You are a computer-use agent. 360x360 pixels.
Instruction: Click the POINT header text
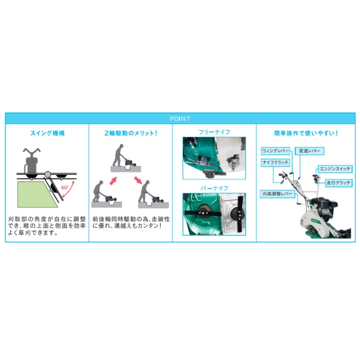[x=180, y=118]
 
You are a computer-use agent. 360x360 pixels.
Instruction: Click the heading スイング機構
[x=47, y=133]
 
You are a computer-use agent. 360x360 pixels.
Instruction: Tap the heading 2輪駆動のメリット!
[x=131, y=133]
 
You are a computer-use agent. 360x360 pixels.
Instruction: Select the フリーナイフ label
[x=214, y=132]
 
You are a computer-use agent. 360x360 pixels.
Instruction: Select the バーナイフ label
[x=214, y=188]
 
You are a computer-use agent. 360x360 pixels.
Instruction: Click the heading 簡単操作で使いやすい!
[x=306, y=133]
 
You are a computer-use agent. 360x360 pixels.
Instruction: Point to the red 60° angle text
[x=65, y=188]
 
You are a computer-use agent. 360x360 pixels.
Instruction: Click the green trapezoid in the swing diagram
[x=37, y=194]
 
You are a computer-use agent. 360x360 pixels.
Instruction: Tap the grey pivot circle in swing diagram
[x=47, y=174]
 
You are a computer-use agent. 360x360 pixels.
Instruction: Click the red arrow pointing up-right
[x=113, y=181]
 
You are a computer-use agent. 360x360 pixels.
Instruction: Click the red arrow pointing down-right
[x=138, y=180]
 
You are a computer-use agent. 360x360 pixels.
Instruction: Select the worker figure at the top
[x=119, y=155]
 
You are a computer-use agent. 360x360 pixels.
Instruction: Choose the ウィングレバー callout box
[x=276, y=151]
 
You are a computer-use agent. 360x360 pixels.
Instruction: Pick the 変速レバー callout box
[x=309, y=151]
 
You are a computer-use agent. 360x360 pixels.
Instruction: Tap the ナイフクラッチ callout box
[x=276, y=163]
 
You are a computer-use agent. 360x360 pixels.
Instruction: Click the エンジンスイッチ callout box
[x=335, y=169]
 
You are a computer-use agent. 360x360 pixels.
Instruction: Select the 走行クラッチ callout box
[x=338, y=183]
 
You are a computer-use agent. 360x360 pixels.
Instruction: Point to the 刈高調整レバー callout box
[x=277, y=194]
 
